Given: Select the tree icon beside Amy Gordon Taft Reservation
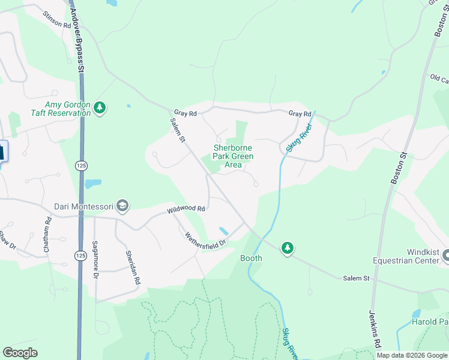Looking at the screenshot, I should [100, 108].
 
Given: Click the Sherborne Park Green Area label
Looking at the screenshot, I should [233, 156].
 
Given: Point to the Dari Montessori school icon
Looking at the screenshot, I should [122, 206].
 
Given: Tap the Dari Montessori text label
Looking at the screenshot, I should [83, 206].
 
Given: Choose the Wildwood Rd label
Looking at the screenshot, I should [186, 209].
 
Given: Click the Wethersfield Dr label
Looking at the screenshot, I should [205, 242].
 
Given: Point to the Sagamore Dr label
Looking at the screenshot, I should [95, 260].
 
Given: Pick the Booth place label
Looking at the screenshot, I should [251, 258].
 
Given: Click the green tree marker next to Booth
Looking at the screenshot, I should [288, 248].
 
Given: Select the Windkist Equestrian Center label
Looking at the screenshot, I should [408, 256].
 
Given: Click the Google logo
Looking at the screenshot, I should [20, 353].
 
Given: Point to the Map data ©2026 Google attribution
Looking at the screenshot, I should [411, 355].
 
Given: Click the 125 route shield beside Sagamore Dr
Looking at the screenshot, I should [80, 256].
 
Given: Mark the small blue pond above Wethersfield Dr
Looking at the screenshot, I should [223, 231].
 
